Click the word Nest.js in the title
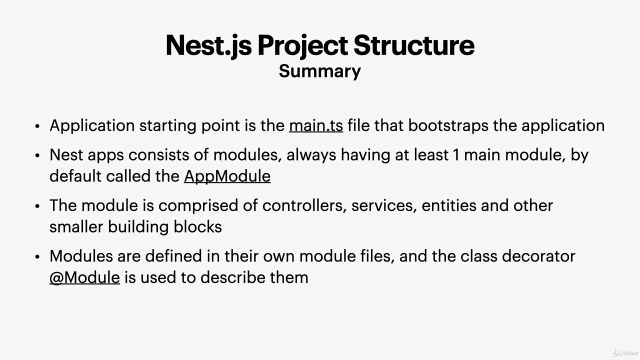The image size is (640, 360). (208, 45)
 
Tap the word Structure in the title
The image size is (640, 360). (414, 45)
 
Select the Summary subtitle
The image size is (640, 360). (319, 71)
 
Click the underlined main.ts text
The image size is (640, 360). (316, 125)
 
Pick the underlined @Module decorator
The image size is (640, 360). (84, 277)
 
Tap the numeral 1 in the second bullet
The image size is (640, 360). (456, 155)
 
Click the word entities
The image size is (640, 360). (449, 205)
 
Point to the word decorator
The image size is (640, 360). (538, 256)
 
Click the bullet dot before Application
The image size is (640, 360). (37, 126)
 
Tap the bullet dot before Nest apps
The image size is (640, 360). (37, 155)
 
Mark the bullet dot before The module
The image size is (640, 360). (37, 206)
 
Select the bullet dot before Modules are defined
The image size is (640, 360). (37, 256)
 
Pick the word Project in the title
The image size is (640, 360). (302, 45)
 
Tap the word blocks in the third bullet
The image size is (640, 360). (197, 227)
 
